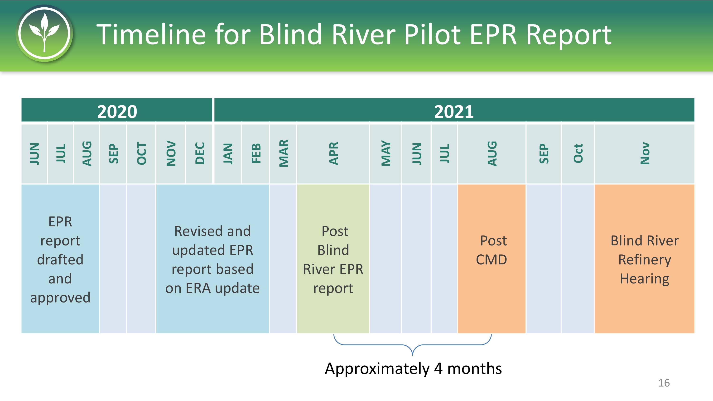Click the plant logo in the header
pyautogui.click(x=44, y=33)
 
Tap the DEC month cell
pyautogui.click(x=199, y=154)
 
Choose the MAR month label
pyautogui.click(x=284, y=153)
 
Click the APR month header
pyautogui.click(x=333, y=154)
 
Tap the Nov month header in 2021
pyautogui.click(x=645, y=154)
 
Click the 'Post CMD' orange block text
pyautogui.click(x=491, y=250)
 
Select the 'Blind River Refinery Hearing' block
pyautogui.click(x=645, y=259)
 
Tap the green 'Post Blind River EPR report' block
pyautogui.click(x=333, y=259)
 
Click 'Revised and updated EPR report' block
pyautogui.click(x=212, y=259)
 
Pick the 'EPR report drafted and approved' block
pyautogui.click(x=60, y=259)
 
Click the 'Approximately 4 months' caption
pyautogui.click(x=413, y=369)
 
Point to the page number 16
pyautogui.click(x=664, y=383)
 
